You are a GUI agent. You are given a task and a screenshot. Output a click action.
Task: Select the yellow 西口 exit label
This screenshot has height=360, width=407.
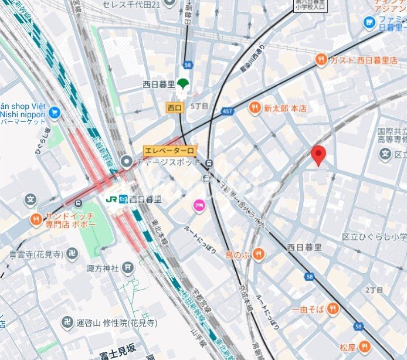coord(175,107)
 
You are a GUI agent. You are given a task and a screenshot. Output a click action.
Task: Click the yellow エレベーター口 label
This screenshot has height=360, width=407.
coord(169,151)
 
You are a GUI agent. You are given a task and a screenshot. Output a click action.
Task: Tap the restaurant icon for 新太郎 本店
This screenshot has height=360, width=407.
coord(254,108)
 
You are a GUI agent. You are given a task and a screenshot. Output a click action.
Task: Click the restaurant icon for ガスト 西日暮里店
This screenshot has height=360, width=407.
coord(321,59)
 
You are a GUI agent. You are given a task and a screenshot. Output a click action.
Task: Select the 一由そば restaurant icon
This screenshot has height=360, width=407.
coord(333,309)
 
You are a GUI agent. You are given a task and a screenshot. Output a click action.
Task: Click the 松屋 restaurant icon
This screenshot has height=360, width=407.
coord(364,347)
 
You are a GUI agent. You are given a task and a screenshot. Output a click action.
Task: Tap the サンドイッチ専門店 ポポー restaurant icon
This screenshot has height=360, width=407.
coord(36,220)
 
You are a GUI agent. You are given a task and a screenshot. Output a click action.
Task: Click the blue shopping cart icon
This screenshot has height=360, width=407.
coord(55,111)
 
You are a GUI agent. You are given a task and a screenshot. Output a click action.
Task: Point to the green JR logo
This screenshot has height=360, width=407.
coord(111,199)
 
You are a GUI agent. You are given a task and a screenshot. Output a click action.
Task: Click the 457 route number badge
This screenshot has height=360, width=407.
coord(228,111)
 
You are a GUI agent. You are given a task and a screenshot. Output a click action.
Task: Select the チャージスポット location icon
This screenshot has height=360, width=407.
coord(126,161)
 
